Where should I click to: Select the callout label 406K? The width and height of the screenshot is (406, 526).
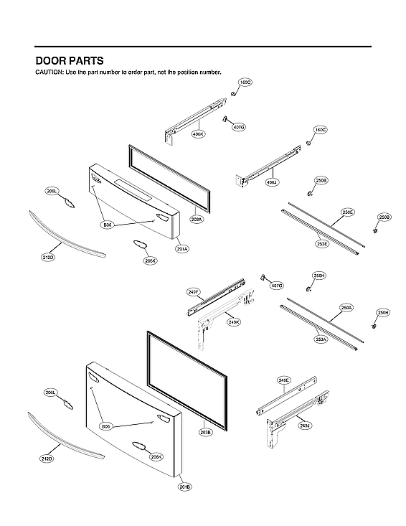(199, 134)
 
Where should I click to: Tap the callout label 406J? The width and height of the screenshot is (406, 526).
(272, 182)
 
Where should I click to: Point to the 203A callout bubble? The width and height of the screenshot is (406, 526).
(197, 219)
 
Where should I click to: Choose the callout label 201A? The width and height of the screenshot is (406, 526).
(182, 249)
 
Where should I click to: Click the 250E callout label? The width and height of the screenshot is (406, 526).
(347, 212)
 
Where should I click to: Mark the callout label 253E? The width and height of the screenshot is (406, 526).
(322, 244)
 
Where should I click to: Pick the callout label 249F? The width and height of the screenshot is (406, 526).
(194, 291)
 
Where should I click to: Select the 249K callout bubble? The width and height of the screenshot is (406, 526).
(234, 322)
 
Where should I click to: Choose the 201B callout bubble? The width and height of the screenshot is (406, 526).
(184, 487)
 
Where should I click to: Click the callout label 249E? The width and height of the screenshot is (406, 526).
(283, 380)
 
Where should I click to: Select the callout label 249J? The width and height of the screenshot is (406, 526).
(304, 426)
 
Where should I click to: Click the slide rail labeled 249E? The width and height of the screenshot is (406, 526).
(287, 396)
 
